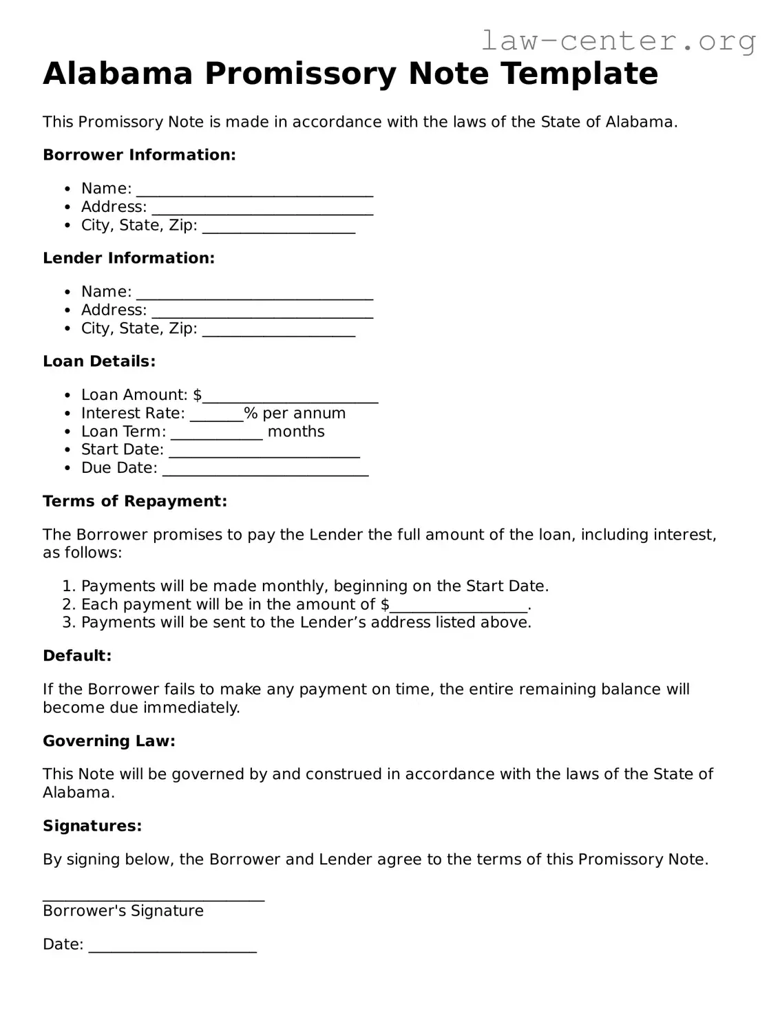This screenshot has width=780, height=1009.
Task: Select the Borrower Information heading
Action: click(x=139, y=155)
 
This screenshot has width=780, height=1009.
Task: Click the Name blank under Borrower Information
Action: click(x=255, y=190)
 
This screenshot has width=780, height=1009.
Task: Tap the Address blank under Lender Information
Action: click(x=262, y=312)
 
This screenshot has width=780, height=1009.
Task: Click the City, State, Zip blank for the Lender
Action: click(x=279, y=330)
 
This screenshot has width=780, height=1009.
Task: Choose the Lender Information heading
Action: click(x=129, y=258)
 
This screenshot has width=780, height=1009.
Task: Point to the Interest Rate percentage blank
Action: click(x=216, y=414)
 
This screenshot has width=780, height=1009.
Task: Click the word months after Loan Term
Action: click(x=296, y=432)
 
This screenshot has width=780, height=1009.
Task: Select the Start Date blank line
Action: click(x=264, y=451)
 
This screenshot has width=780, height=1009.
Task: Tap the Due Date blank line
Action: click(x=266, y=469)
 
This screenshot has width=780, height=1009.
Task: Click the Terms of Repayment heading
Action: click(x=135, y=501)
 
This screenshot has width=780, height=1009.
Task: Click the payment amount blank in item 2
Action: click(x=458, y=606)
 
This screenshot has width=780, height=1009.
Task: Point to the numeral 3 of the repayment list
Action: click(x=67, y=623)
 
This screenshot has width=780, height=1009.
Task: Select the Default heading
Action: click(x=77, y=656)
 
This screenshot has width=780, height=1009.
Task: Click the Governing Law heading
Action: click(x=109, y=741)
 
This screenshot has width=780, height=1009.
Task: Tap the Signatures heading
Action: click(x=92, y=826)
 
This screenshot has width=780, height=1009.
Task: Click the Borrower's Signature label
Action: click(x=123, y=911)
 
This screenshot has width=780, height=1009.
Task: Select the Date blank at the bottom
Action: click(x=172, y=946)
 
